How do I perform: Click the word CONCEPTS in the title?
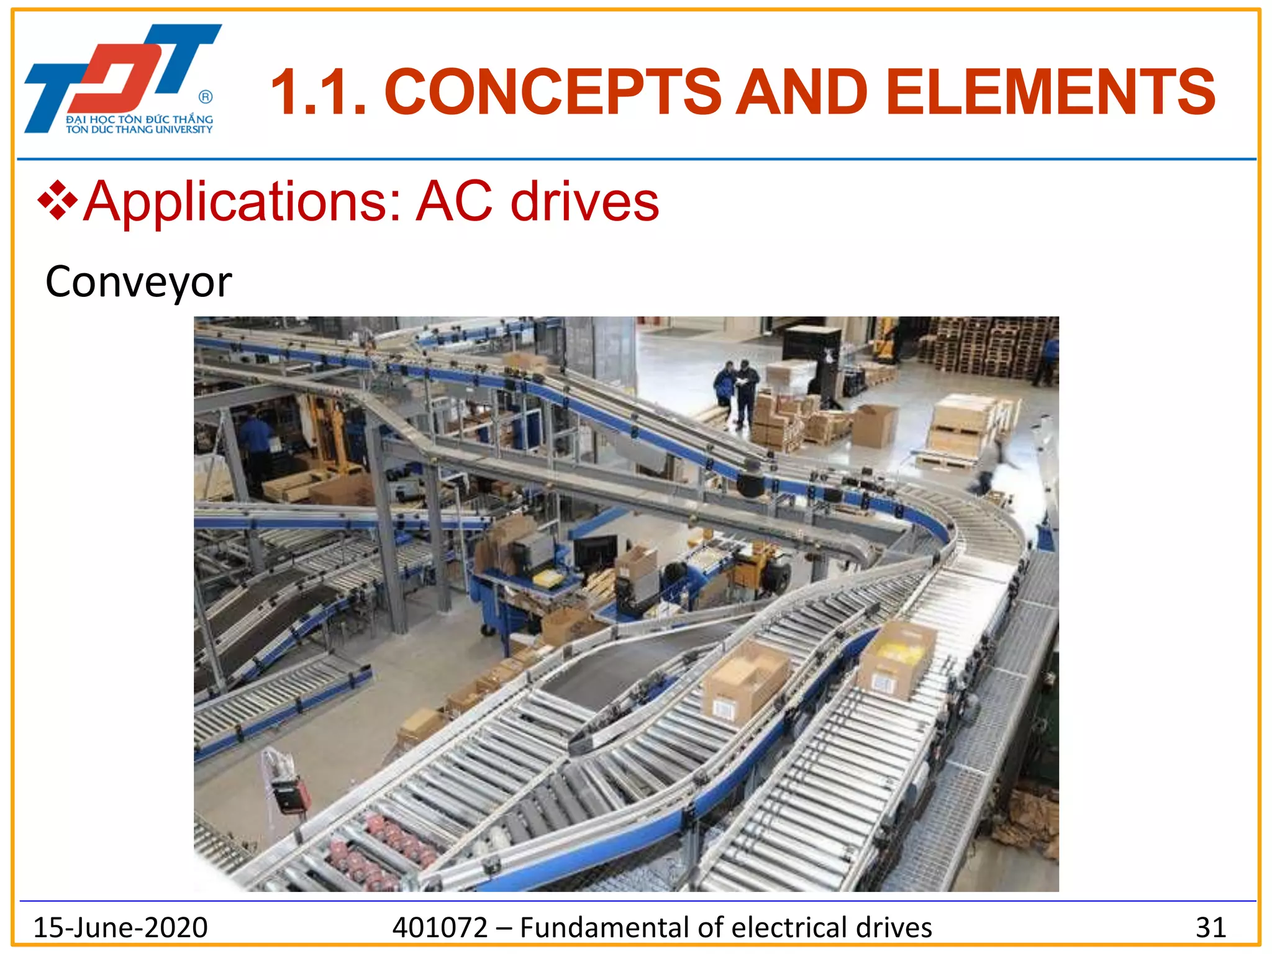(553, 93)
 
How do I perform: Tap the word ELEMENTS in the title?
(1050, 93)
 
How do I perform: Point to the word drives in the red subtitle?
(584, 202)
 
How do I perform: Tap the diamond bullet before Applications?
(57, 201)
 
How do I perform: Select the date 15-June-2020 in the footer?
(120, 927)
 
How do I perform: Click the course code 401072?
(440, 927)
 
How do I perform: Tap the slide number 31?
(1211, 927)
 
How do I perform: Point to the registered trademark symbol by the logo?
(206, 97)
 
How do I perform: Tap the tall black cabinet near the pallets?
(812, 354)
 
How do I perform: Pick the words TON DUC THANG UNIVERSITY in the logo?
(139, 130)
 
